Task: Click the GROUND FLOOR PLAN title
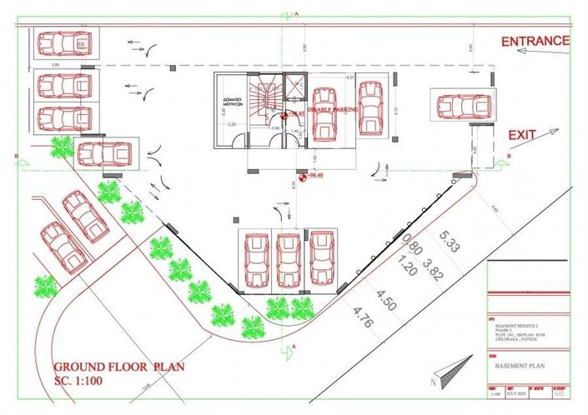click(x=118, y=367)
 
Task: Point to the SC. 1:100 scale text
click(x=88, y=382)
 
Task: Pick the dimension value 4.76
click(x=361, y=315)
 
